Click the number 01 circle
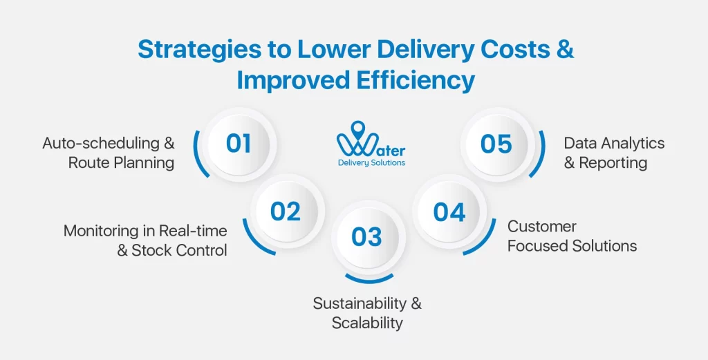pyautogui.click(x=239, y=144)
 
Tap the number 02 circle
pyautogui.click(x=286, y=211)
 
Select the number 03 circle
pyautogui.click(x=366, y=237)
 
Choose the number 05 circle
pyautogui.click(x=496, y=144)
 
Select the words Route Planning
pyautogui.click(x=122, y=163)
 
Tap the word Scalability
pyautogui.click(x=366, y=323)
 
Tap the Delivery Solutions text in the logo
pyautogui.click(x=371, y=163)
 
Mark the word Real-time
pyautogui.click(x=193, y=230)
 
